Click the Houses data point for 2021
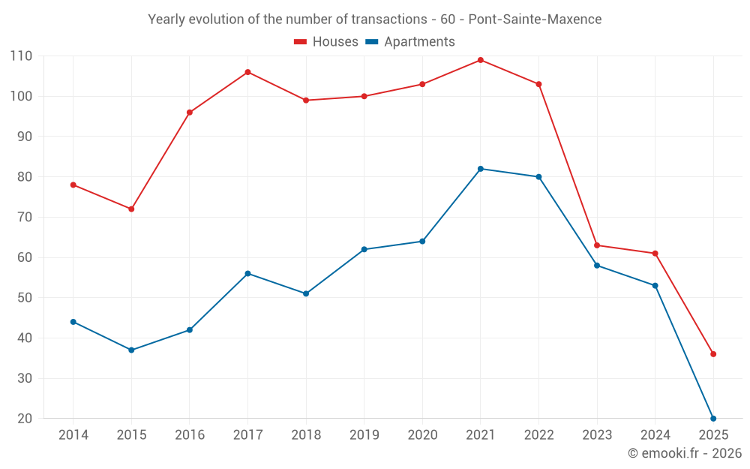coord(481,60)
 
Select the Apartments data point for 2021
coord(481,169)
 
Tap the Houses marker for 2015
coord(131,209)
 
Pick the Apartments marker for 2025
coord(713,418)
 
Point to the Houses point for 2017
coord(247,72)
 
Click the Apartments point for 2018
coord(306,293)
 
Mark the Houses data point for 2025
coord(713,354)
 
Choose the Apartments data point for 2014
coord(73,322)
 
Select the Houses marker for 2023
coord(597,245)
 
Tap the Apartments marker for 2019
coord(364,249)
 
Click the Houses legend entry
coord(326,42)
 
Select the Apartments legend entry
coord(410,42)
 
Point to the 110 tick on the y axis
coord(21,56)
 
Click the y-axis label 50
coord(24,298)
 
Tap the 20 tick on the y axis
coord(24,419)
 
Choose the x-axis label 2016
coord(190,435)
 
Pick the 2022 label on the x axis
coord(538,435)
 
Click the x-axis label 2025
coord(713,435)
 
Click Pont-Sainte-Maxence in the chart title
coord(535,20)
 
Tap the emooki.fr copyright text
coord(685,453)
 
